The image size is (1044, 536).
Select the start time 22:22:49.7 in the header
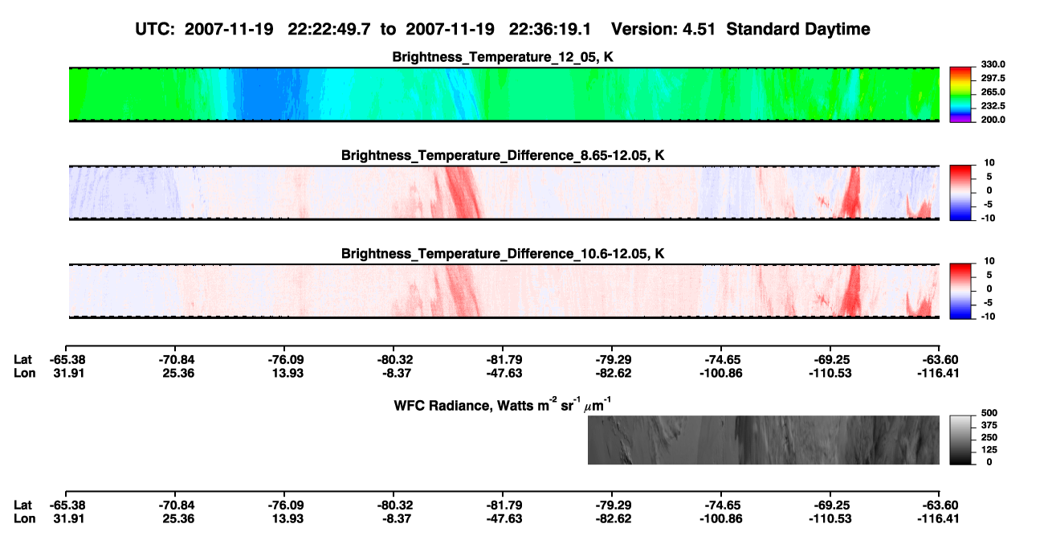pyautogui.click(x=329, y=29)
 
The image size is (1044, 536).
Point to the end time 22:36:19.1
pyautogui.click(x=550, y=29)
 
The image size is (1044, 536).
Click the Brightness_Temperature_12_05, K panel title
pyautogui.click(x=503, y=57)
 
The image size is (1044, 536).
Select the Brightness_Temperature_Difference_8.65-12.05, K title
pyautogui.click(x=503, y=155)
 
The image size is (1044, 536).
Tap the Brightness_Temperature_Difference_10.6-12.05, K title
pyautogui.click(x=503, y=254)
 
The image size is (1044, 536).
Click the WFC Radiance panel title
pyautogui.click(x=503, y=405)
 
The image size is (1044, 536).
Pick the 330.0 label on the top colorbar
pyautogui.click(x=993, y=64)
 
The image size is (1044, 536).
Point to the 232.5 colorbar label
pyautogui.click(x=993, y=106)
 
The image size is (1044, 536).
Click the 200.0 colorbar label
pyautogui.click(x=993, y=120)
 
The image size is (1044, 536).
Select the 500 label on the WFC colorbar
pyautogui.click(x=989, y=413)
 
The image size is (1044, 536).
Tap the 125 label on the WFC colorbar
pyautogui.click(x=989, y=450)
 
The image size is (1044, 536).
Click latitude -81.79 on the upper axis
pyautogui.click(x=504, y=360)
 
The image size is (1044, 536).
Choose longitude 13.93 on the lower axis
pyautogui.click(x=288, y=519)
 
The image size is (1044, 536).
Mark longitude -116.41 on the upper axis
pyautogui.click(x=938, y=373)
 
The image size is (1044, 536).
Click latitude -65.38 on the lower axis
pyautogui.click(x=67, y=505)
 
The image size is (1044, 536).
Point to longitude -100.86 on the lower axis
pyautogui.click(x=720, y=519)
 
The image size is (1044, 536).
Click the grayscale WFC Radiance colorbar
pyautogui.click(x=960, y=440)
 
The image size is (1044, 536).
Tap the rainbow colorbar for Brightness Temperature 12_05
pyautogui.click(x=960, y=95)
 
